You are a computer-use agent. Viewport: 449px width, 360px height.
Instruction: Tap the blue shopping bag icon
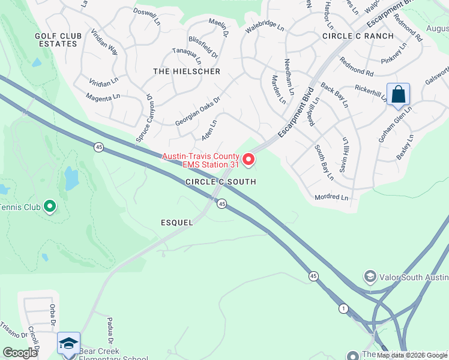pos(398,95)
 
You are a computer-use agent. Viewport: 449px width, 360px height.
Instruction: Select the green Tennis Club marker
pos(50,208)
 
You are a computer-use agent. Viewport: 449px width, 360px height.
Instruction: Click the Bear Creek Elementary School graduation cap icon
pos(68,344)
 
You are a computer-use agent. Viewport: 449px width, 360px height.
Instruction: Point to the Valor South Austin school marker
pos(370,277)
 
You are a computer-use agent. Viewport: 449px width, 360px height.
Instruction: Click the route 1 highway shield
pos(343,308)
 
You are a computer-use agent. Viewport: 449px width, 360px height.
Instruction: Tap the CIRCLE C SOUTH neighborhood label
pos(220,182)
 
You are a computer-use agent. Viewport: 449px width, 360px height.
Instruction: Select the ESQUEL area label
pos(177,223)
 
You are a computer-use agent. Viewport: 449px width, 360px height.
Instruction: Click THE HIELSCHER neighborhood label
pos(187,71)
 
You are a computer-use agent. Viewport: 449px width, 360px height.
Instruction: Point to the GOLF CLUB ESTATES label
pos(52,40)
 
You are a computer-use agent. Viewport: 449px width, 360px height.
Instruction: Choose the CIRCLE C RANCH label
pos(358,36)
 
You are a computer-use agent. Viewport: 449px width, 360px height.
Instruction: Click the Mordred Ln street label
pos(331,197)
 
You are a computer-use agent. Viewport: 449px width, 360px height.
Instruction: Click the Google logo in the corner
pos(20,353)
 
